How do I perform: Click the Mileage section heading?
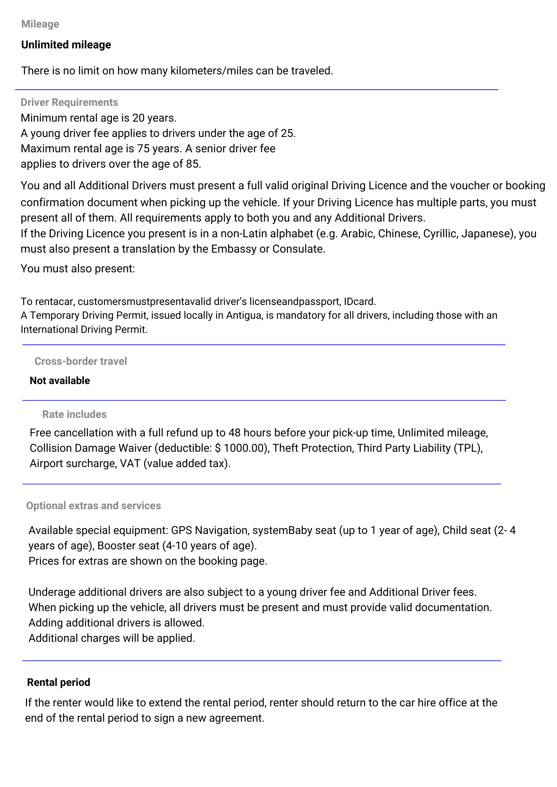click(x=40, y=24)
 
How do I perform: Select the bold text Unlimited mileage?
click(x=66, y=45)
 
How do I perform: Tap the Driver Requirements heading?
click(x=69, y=102)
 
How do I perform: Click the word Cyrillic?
click(x=439, y=234)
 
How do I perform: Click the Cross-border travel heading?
click(x=81, y=361)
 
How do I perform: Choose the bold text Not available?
click(x=60, y=381)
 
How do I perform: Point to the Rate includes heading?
click(x=74, y=414)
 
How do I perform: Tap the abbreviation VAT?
click(x=130, y=464)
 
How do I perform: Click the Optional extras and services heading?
click(x=93, y=506)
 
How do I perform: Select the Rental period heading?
click(x=59, y=682)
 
